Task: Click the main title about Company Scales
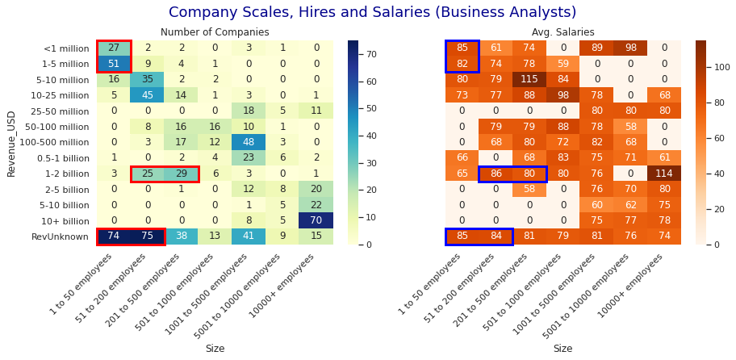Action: point(372,13)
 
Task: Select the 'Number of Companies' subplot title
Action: point(214,32)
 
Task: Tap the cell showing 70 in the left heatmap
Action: point(316,220)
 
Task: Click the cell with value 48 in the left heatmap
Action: point(249,142)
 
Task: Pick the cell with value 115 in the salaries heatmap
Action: point(529,79)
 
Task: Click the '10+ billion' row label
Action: point(65,221)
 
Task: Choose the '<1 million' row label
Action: point(67,48)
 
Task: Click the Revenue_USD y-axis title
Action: point(11,142)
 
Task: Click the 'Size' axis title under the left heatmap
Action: point(215,349)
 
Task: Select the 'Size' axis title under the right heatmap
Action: point(562,349)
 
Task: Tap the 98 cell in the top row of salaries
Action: point(630,48)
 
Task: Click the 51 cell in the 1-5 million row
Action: point(113,64)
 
